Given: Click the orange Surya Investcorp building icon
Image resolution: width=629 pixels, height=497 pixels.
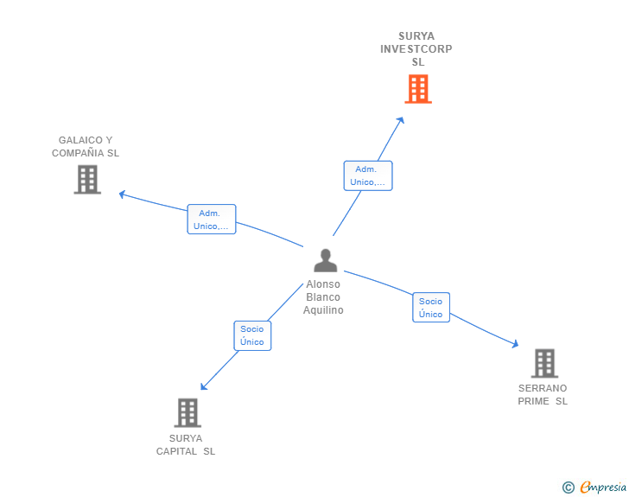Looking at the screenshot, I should (417, 89).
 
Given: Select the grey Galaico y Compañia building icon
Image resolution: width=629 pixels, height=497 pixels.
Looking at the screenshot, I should (87, 179).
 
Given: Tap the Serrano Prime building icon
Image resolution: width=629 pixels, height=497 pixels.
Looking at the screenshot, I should (543, 363).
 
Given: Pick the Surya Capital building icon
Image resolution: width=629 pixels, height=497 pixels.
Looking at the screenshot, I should (187, 412).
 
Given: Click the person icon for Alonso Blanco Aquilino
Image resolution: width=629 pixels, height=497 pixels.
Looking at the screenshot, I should (325, 260).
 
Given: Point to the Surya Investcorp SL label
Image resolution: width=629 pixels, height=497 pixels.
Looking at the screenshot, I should (416, 49).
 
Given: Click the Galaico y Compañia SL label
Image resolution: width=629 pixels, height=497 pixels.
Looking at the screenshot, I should (86, 147).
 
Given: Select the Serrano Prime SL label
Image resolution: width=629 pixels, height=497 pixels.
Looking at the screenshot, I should (543, 395).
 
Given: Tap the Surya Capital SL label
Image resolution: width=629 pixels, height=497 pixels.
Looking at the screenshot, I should (186, 445).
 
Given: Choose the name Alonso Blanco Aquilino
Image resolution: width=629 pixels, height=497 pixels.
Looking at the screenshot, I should (323, 297).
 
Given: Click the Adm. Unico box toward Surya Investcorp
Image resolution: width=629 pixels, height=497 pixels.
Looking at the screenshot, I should (367, 175).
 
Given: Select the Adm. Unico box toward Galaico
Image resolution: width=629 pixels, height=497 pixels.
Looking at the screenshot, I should (211, 220).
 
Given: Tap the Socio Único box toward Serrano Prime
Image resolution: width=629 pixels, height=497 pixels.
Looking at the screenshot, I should (430, 308).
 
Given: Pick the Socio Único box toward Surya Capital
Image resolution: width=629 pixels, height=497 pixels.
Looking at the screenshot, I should (252, 335).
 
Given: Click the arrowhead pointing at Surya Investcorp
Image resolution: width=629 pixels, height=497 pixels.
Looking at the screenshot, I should (401, 120).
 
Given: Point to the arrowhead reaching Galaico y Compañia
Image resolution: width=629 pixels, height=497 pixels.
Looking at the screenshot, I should (122, 194).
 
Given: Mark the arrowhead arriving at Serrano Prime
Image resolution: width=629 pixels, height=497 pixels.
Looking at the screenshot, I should (515, 345).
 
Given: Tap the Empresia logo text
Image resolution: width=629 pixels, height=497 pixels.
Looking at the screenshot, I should (603, 487).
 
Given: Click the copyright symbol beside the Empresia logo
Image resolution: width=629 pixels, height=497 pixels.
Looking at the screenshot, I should (568, 487).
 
